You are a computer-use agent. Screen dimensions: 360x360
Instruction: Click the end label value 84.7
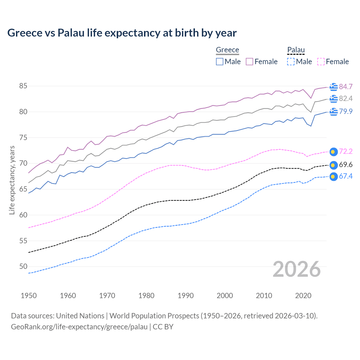(x=346, y=87)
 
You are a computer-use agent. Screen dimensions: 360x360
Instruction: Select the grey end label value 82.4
(x=346, y=98)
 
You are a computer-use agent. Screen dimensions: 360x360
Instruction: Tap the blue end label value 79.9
(x=346, y=111)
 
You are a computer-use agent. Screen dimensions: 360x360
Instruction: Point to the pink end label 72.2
(x=346, y=151)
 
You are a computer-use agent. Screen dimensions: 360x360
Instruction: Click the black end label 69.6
(x=346, y=165)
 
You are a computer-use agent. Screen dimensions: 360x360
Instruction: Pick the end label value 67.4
(x=346, y=176)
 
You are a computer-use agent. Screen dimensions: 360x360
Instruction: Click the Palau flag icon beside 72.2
(x=333, y=152)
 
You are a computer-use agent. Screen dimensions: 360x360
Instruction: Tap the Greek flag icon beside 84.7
(x=333, y=87)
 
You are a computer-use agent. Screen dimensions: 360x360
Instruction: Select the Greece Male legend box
(x=220, y=62)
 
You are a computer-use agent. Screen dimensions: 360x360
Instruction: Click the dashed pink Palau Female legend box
(x=321, y=62)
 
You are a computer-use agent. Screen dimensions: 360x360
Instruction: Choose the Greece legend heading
(x=227, y=50)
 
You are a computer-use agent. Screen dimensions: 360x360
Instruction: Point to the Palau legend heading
(x=296, y=50)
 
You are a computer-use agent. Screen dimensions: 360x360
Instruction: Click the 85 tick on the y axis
(x=23, y=86)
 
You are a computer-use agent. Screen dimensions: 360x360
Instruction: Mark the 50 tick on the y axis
(x=23, y=266)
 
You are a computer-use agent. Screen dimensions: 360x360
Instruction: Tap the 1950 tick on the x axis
(x=29, y=296)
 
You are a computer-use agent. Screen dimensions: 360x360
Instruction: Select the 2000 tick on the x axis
(x=225, y=296)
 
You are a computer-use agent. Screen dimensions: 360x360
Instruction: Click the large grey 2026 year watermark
(x=296, y=269)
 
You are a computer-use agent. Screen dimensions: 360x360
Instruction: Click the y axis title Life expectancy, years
(x=12, y=180)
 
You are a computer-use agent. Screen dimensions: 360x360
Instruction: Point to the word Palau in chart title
(x=71, y=33)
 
